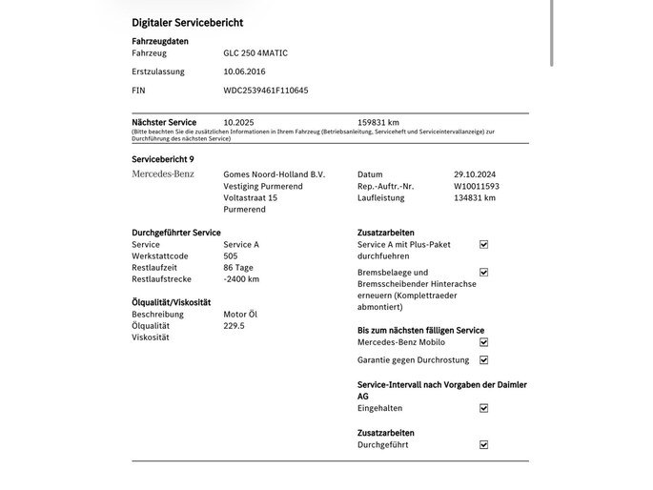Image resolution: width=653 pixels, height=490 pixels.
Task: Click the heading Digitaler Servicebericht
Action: [187, 21]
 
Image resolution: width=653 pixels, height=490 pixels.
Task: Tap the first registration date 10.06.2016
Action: [245, 71]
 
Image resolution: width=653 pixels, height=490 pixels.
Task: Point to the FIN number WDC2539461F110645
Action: [266, 91]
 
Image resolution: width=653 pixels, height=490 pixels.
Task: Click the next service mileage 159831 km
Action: [378, 122]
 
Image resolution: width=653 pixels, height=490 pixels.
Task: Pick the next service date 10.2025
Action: [239, 122]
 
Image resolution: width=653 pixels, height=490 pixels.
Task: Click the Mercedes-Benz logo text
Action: [163, 174]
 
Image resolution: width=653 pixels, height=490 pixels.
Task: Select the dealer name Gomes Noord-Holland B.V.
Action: [274, 174]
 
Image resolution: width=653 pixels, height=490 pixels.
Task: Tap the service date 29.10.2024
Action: [476, 174]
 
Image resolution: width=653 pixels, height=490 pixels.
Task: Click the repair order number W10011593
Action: [477, 186]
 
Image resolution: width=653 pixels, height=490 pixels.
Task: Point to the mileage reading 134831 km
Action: [475, 198]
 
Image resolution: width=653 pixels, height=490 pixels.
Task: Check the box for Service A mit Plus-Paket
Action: [483, 245]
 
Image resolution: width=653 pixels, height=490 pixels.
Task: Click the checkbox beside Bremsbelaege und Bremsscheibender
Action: [483, 273]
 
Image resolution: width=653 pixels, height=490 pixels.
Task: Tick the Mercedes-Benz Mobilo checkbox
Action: [483, 342]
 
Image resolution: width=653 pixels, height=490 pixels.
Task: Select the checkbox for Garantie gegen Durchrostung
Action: [483, 360]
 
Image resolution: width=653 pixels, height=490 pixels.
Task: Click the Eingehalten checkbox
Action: [483, 408]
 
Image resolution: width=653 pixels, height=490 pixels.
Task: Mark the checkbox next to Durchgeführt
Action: [483, 444]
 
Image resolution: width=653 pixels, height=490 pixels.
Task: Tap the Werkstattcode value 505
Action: [231, 256]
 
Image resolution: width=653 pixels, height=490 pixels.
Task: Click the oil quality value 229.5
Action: [234, 326]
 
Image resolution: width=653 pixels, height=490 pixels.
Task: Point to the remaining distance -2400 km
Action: [241, 279]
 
